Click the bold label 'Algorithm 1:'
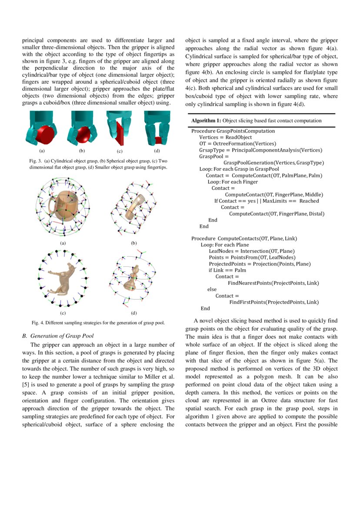[207, 120]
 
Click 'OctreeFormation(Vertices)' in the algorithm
[244, 143]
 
